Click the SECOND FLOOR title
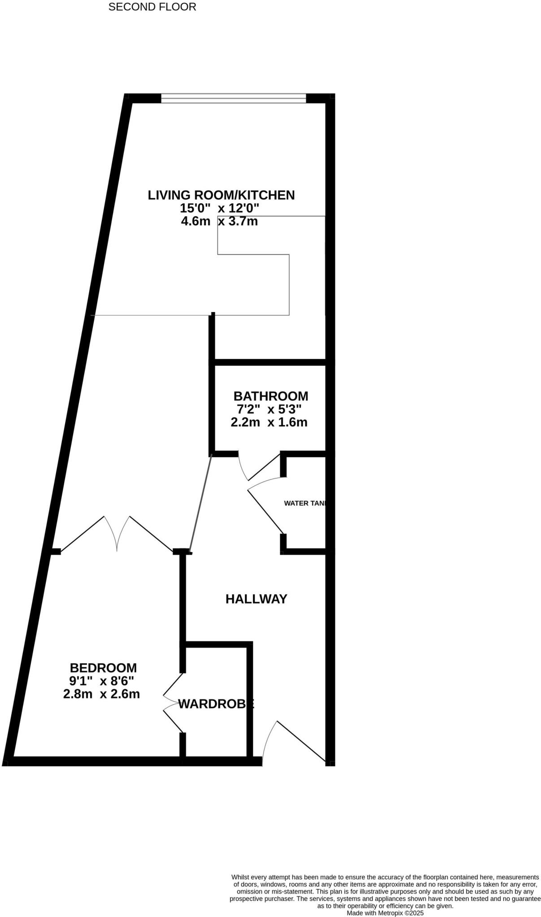tap(152, 7)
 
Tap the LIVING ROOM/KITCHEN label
tap(221, 195)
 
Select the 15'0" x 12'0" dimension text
tap(220, 208)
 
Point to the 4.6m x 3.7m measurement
tap(219, 221)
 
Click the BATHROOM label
tap(271, 396)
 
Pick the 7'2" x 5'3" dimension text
tap(269, 409)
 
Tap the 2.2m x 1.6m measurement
tap(269, 422)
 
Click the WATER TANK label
tap(303, 503)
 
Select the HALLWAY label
tap(256, 599)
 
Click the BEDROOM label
tap(103, 668)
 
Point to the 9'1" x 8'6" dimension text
tap(102, 681)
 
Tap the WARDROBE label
tap(216, 704)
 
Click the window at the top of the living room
tap(234, 98)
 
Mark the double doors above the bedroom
tap(117, 533)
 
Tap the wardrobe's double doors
tap(173, 703)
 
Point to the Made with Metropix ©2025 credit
tap(385, 913)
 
